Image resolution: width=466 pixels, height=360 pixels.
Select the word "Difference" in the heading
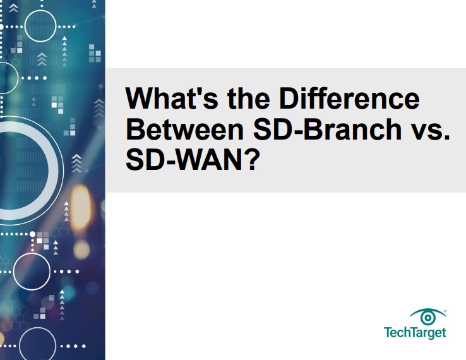349,98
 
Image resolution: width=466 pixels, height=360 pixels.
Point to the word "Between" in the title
185,129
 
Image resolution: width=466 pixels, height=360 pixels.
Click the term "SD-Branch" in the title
327,129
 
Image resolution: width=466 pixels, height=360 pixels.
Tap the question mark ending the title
249,159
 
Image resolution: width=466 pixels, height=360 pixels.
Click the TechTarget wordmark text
415,332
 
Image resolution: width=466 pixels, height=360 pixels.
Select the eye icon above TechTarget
427,317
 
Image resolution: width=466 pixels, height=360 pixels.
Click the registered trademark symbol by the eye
445,311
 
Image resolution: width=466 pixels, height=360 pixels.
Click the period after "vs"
446,138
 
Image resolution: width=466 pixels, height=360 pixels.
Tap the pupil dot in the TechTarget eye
428,318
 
